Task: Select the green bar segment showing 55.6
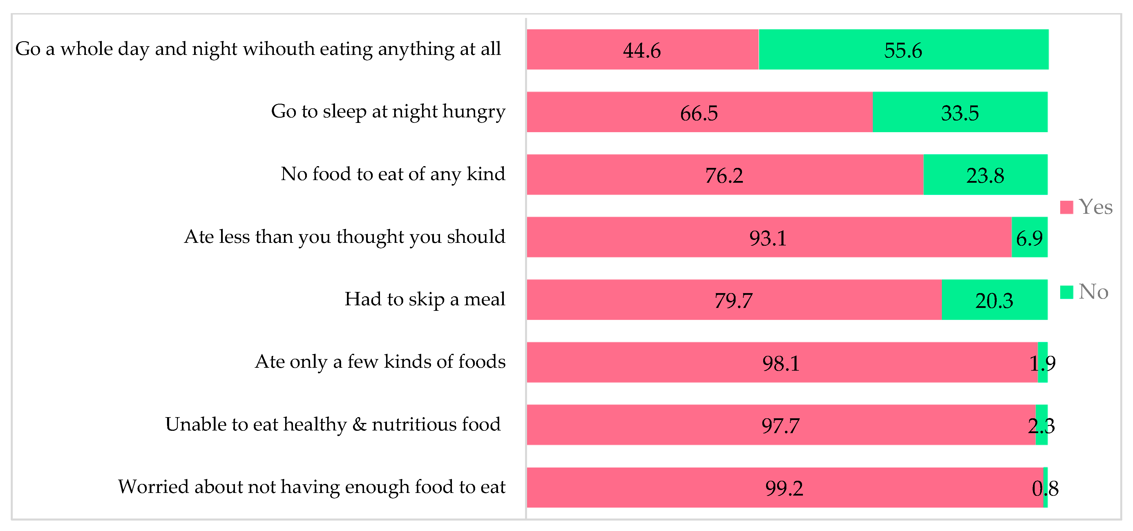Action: (903, 49)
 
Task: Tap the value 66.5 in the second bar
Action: (698, 113)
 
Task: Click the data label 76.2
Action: (724, 175)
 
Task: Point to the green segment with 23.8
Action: (985, 175)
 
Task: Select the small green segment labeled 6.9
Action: (1029, 238)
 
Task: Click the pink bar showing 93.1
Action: (768, 238)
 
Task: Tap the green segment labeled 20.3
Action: (994, 300)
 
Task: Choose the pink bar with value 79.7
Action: (733, 300)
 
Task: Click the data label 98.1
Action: (781, 363)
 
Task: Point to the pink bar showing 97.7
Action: (780, 425)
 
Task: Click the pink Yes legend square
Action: (1066, 207)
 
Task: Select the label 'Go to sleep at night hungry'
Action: (388, 111)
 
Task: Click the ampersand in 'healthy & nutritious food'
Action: (359, 424)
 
